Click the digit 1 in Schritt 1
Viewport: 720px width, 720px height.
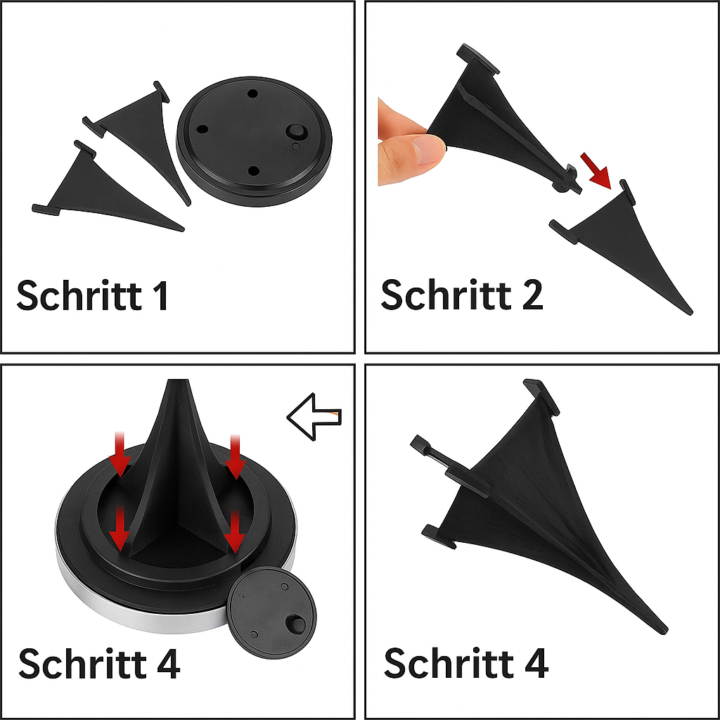[161, 296]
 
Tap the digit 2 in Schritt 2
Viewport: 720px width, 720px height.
[532, 295]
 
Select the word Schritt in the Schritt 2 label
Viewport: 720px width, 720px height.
[446, 295]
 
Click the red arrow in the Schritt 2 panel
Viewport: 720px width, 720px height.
[595, 170]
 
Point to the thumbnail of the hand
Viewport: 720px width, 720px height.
[430, 150]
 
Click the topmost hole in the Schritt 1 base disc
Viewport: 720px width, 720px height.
[252, 94]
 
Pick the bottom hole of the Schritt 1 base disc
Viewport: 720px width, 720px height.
[253, 172]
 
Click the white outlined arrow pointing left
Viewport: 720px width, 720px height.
[314, 416]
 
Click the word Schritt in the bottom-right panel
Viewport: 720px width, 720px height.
[449, 662]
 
